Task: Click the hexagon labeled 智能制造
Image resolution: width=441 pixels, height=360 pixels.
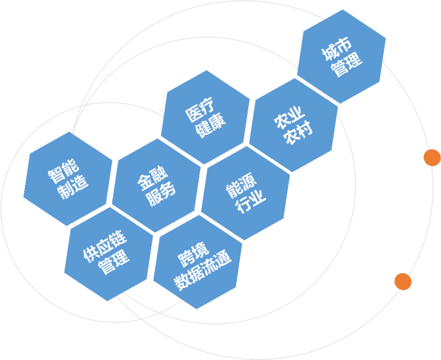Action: click(x=68, y=179)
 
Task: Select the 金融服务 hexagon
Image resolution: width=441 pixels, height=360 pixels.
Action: click(x=156, y=186)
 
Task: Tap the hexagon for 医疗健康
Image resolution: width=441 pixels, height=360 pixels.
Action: click(x=206, y=117)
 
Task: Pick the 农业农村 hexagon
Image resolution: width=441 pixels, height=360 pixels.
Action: click(x=294, y=125)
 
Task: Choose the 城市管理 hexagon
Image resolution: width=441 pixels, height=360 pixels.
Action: click(x=342, y=56)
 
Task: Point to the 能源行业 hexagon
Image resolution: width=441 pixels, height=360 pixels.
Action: click(x=246, y=193)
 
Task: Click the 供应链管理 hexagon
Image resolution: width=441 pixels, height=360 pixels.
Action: click(x=109, y=254)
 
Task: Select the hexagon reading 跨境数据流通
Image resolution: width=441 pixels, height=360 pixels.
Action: click(x=198, y=262)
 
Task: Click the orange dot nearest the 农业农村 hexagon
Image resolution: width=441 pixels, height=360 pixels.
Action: click(x=432, y=157)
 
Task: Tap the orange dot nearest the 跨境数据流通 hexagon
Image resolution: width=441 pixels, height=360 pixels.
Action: click(x=403, y=282)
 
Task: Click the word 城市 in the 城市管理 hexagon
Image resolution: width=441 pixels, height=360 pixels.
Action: click(x=337, y=49)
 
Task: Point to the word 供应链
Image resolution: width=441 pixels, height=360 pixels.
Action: click(x=105, y=247)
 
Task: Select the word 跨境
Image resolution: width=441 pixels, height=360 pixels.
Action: click(x=193, y=254)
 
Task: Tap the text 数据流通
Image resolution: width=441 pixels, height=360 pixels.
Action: click(x=203, y=270)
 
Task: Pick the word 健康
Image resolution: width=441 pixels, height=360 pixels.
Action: click(x=211, y=126)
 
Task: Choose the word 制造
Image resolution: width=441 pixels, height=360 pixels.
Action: click(x=73, y=187)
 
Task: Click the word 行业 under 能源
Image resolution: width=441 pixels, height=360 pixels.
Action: click(x=251, y=202)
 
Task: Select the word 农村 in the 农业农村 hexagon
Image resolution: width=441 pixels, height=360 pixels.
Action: click(x=298, y=133)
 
